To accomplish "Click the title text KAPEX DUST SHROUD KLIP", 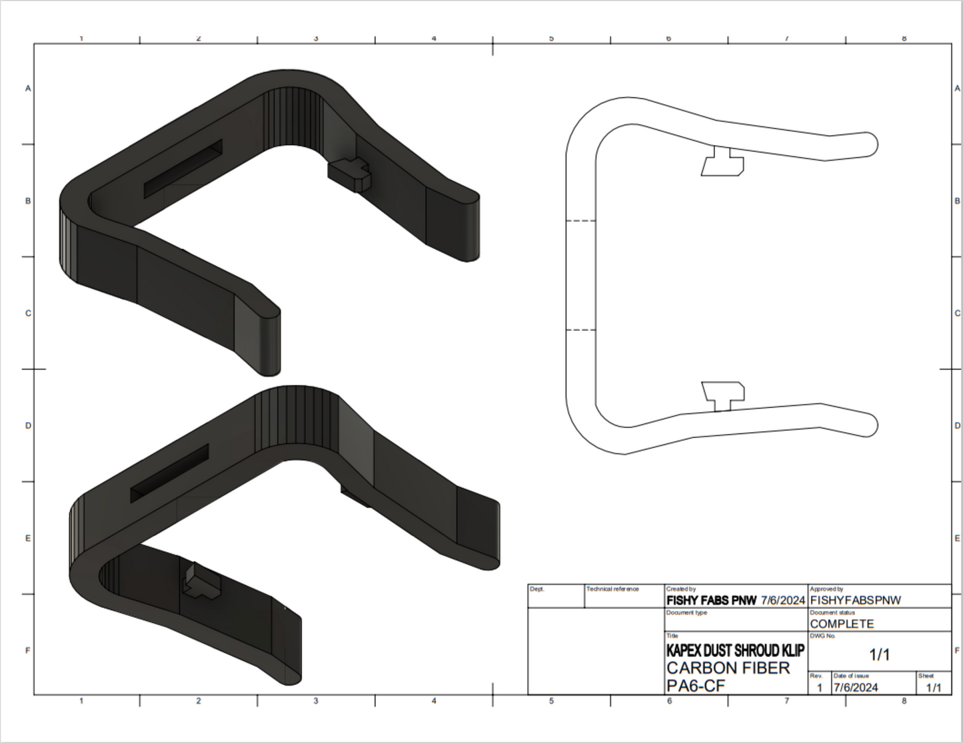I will pos(734,650).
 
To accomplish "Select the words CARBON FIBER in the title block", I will pos(728,668).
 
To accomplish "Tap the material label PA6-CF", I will pos(695,686).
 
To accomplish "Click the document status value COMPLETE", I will pos(842,624).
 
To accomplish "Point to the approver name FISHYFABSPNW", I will pos(855,600).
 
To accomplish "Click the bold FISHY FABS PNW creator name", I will pos(711,600).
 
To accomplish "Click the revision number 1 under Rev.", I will pos(819,688).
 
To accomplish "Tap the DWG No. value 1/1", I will pos(880,654).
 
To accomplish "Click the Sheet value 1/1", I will pos(933,688).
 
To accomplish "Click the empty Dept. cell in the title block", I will pos(556,598).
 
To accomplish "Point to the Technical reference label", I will pos(612,589).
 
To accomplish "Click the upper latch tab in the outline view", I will pos(722,162).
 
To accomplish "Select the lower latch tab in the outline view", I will pos(724,395).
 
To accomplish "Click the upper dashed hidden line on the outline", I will pos(580,220).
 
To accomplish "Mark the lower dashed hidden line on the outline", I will pos(580,330).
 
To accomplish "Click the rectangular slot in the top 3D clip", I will pos(183,169).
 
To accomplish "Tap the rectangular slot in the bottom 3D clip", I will pos(169,473).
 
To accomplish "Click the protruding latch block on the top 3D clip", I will pos(349,172).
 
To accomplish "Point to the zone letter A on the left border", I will pos(28,88).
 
